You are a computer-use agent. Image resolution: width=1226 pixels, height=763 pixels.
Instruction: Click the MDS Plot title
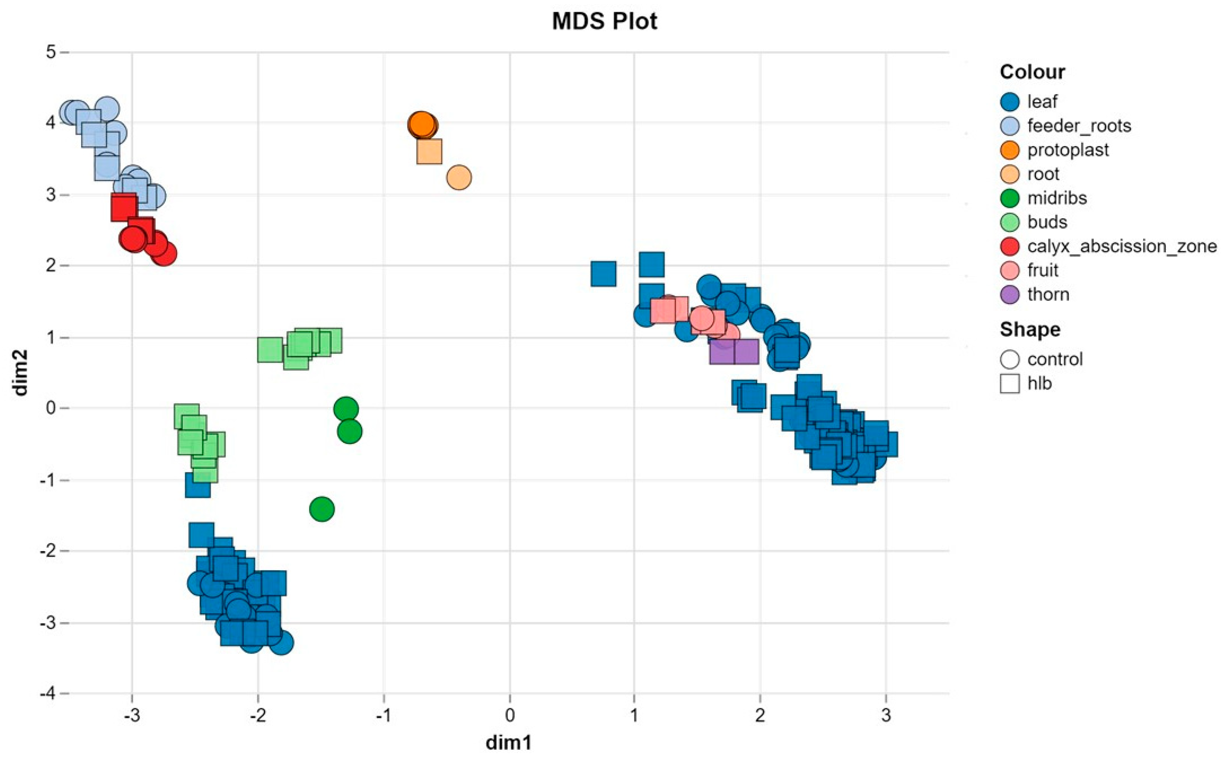(x=604, y=21)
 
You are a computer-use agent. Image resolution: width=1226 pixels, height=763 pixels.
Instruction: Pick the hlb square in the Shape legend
(x=1010, y=383)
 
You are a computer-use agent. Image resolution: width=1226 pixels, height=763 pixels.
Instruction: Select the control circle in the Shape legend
(x=1010, y=359)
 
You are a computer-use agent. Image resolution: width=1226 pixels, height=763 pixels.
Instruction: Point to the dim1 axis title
(x=509, y=742)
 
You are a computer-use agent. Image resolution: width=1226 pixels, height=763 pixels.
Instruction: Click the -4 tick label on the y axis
(x=48, y=694)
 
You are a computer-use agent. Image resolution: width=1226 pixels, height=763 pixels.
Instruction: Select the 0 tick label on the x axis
(x=509, y=715)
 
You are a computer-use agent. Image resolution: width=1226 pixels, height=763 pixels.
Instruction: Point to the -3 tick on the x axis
(x=132, y=715)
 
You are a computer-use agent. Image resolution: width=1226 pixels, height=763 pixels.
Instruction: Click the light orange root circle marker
(x=458, y=177)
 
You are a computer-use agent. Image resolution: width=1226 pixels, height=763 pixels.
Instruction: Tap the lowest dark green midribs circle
(x=322, y=509)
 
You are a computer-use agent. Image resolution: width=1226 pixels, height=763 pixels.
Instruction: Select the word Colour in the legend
(x=1032, y=72)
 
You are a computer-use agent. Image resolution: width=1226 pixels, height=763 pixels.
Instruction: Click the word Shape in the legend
(x=1030, y=329)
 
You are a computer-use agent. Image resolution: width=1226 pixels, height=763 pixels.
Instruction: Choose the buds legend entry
(x=1046, y=222)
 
